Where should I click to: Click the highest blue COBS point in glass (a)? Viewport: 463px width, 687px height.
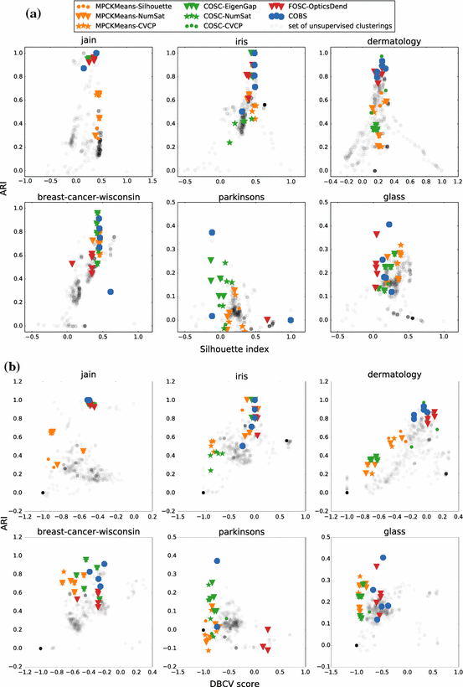coord(388,225)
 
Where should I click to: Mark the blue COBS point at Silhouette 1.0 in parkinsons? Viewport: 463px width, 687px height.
coord(291,319)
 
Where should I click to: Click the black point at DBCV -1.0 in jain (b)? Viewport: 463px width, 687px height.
coord(43,492)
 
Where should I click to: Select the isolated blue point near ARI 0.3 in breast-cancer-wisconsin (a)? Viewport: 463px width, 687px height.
coord(111,292)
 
